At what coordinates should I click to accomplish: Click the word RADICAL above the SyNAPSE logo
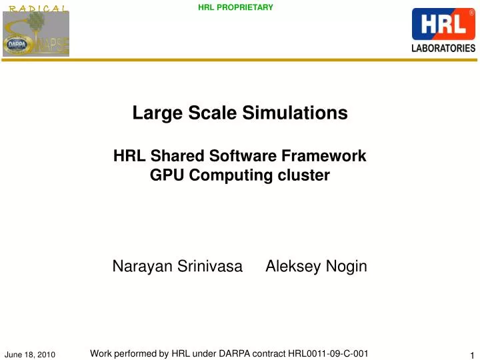click(37, 8)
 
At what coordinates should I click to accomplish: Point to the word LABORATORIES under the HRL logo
click(444, 48)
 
